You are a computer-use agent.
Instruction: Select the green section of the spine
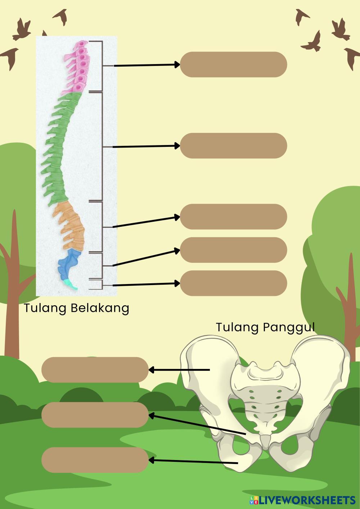pos(58,144)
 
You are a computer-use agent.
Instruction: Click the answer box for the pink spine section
pos(233,64)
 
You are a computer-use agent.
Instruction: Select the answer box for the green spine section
pos(233,145)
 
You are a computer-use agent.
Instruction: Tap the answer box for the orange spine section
pos(233,217)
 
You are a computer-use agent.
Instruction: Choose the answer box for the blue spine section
pos(233,250)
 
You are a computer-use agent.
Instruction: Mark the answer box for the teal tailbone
pos(233,283)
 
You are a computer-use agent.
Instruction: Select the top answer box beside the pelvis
pos(95,370)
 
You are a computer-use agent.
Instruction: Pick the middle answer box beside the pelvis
pos(95,415)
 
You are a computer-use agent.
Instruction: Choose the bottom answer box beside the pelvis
pos(95,460)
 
